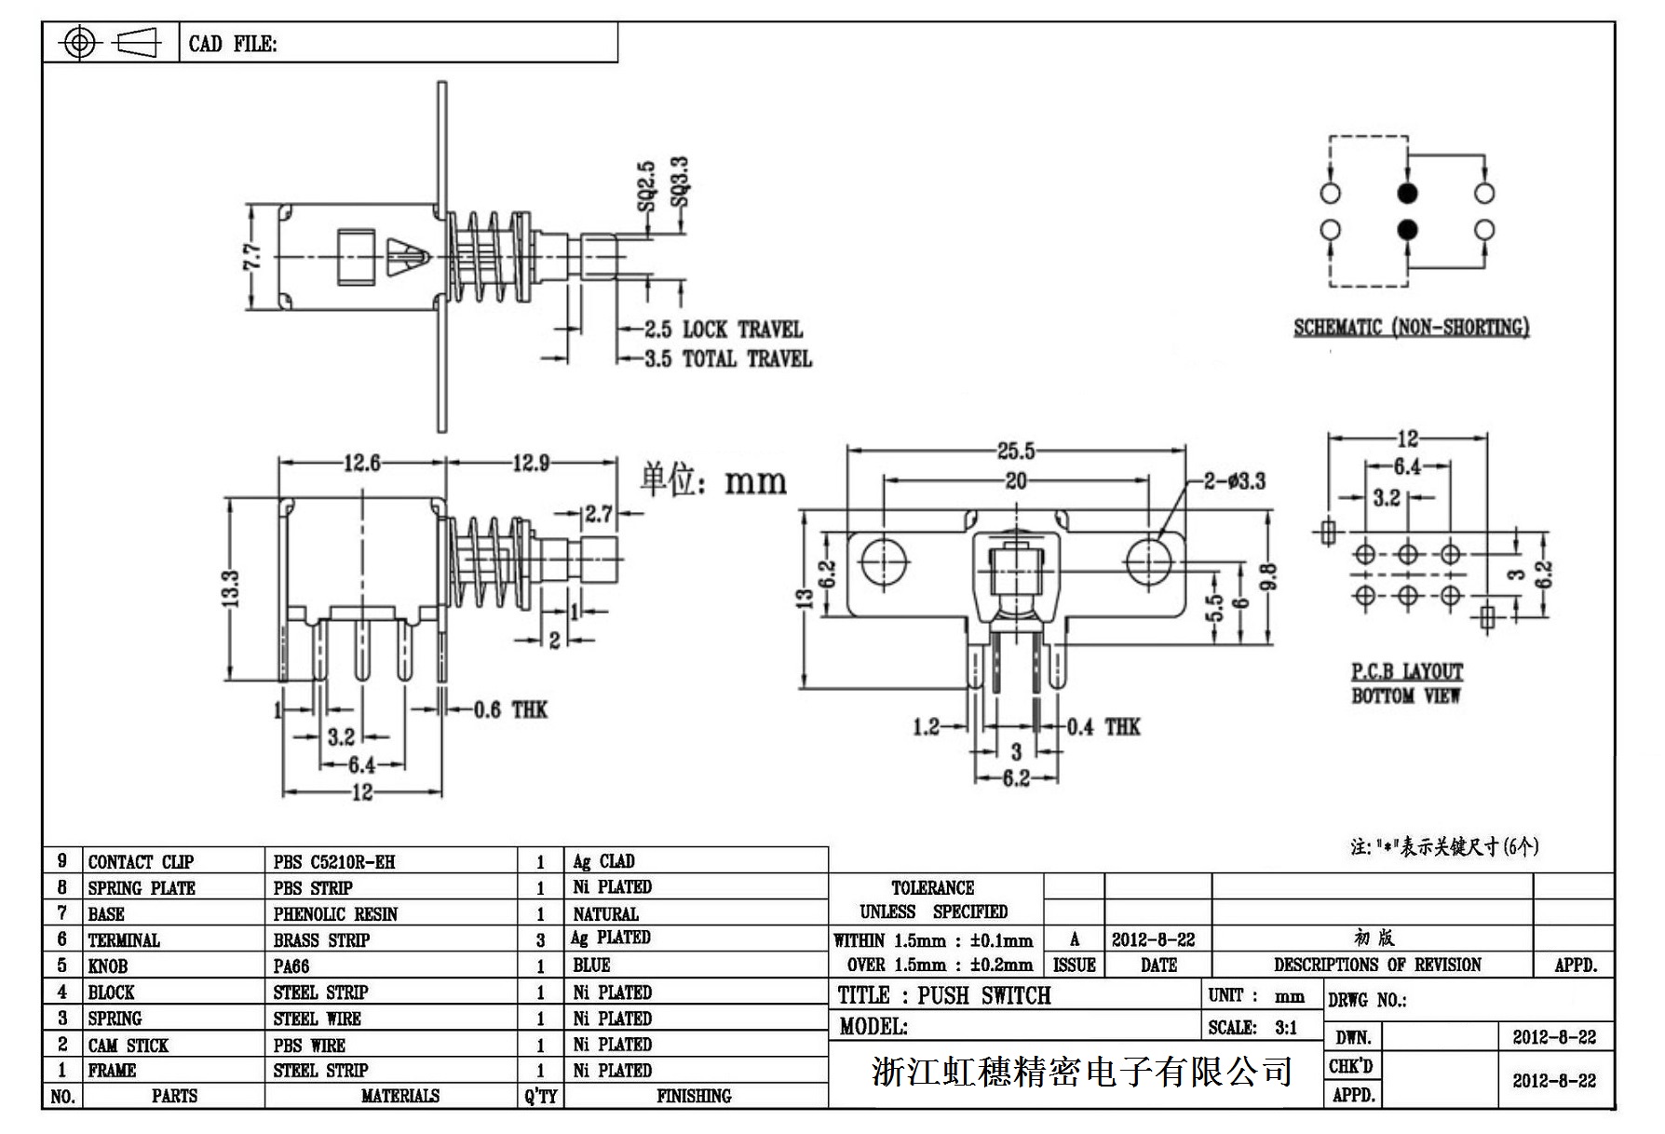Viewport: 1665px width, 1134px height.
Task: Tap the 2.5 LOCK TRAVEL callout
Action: coord(723,330)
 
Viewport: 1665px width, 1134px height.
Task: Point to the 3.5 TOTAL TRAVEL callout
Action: coord(727,359)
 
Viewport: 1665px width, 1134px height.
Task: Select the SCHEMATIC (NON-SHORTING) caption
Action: coord(1411,328)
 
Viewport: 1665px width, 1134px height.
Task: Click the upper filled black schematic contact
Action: coord(1408,194)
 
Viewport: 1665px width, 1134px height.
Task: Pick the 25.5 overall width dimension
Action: coord(1016,452)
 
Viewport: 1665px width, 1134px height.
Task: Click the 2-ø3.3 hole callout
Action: coord(1234,481)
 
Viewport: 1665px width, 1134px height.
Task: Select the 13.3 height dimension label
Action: coord(232,588)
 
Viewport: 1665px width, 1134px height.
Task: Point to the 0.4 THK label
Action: coord(1103,727)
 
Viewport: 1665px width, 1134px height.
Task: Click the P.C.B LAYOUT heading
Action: coord(1407,671)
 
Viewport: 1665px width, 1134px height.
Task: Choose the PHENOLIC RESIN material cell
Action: coord(335,914)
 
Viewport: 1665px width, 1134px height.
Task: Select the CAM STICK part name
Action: coord(129,1046)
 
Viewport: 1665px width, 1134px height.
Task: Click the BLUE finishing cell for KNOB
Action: coord(592,965)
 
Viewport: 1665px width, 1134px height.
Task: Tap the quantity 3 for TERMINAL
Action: coord(540,940)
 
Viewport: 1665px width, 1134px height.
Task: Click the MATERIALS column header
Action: coord(400,1096)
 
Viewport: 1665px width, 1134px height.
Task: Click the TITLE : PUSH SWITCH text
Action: coord(943,996)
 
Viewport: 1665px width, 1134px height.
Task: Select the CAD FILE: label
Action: coord(233,44)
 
